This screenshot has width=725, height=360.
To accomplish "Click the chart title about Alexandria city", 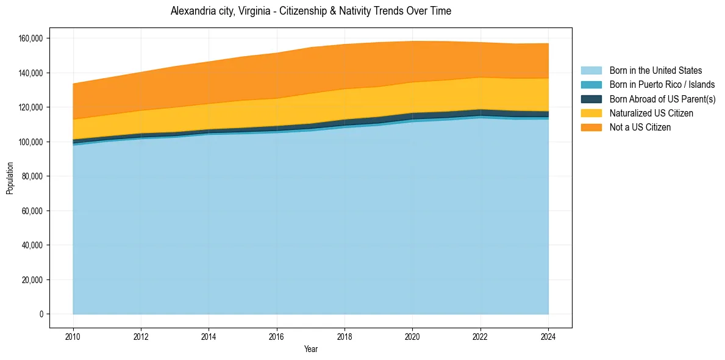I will click(x=311, y=11).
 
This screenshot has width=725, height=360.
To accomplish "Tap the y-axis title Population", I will click(x=10, y=178).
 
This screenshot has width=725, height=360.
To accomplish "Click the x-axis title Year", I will click(x=311, y=349).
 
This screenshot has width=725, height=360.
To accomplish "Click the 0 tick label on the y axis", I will click(x=41, y=314).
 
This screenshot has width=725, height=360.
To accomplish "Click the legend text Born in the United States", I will click(x=655, y=71).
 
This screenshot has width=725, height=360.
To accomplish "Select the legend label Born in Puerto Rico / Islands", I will click(x=662, y=85).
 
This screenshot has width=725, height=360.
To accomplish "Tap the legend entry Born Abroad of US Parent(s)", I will click(x=662, y=99).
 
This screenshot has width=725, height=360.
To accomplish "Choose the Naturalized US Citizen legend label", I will click(x=651, y=113).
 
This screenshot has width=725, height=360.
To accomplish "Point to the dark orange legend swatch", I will click(x=591, y=127).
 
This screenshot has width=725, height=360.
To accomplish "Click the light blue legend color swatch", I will click(x=591, y=71).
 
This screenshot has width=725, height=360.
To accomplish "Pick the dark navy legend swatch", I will click(x=591, y=99).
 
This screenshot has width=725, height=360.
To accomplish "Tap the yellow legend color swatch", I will click(x=591, y=113).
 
